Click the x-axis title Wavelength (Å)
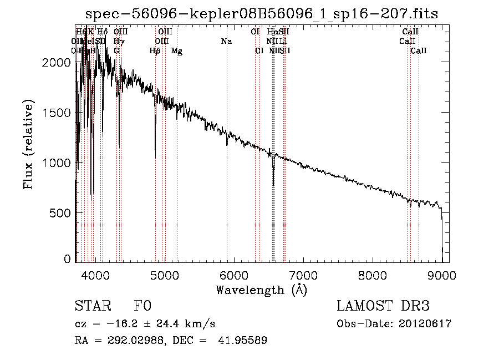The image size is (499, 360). click(x=261, y=290)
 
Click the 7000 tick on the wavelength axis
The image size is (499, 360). click(x=303, y=275)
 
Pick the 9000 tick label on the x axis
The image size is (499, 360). click(x=442, y=275)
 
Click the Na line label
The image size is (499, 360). click(x=226, y=41)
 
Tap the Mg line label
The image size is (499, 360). click(x=177, y=51)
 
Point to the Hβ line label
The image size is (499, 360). click(x=155, y=51)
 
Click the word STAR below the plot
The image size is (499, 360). click(x=91, y=306)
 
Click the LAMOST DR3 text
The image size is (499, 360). click(x=383, y=306)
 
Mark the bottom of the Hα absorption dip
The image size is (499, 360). click(x=273, y=185)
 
